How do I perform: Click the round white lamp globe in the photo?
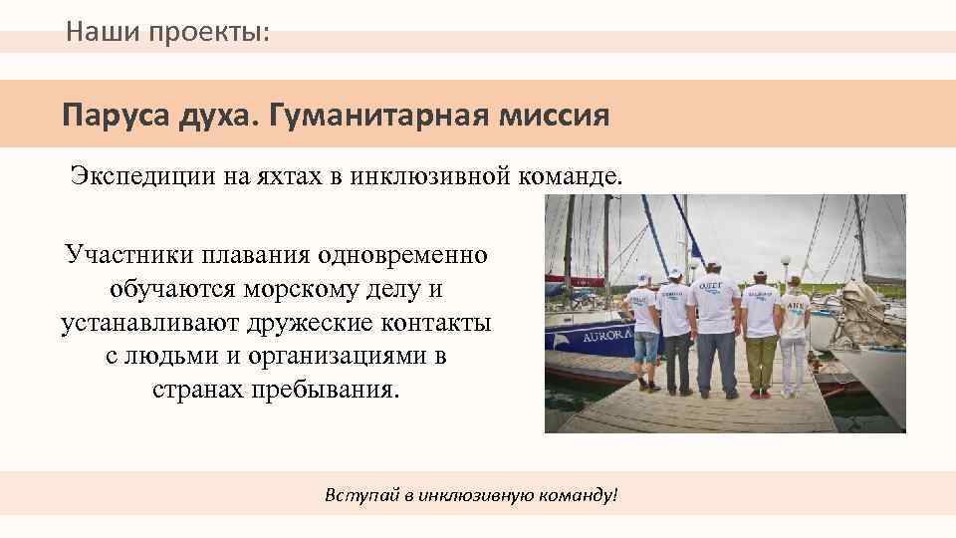click(786, 261)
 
